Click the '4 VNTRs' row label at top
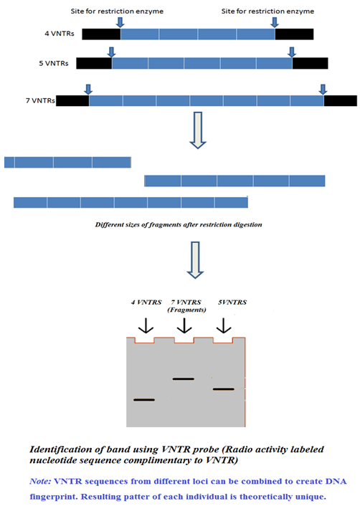[x=60, y=34]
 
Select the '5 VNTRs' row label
[x=54, y=63]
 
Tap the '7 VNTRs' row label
[x=40, y=100]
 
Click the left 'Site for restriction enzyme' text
[x=117, y=11]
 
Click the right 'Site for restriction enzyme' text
[x=267, y=11]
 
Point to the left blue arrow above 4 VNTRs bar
[x=120, y=22]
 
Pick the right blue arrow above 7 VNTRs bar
[x=323, y=89]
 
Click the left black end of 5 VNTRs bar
[x=94, y=63]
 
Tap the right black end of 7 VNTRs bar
[x=341, y=100]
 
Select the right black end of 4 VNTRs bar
[x=294, y=34]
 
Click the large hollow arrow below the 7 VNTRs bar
[x=198, y=130]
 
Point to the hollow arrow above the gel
[x=195, y=259]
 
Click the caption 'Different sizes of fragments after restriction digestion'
[x=179, y=224]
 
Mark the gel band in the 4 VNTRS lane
[x=144, y=400]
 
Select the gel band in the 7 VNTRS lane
[x=184, y=379]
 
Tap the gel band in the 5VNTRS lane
[x=224, y=389]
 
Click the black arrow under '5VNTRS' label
[x=224, y=325]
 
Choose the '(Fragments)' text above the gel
[x=186, y=310]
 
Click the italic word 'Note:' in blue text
[x=40, y=481]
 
